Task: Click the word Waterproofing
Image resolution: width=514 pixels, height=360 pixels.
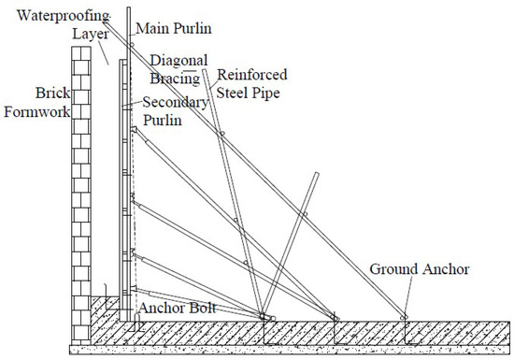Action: click(49, 15)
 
